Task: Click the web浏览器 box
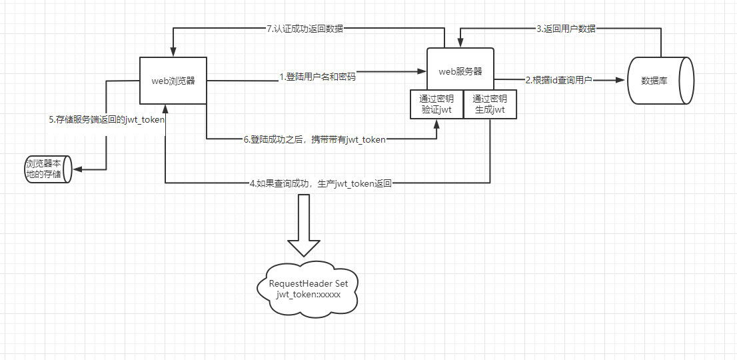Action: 173,80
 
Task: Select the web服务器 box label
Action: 460,71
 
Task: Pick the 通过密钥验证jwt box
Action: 436,103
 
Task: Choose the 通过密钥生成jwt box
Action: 490,103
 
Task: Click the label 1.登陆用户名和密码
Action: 317,77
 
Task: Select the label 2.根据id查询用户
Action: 558,80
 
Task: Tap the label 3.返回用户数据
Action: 566,29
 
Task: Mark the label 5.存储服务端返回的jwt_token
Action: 106,120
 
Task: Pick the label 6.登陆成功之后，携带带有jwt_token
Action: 315,139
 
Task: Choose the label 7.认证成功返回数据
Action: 305,29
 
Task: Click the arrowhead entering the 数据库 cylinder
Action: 621,80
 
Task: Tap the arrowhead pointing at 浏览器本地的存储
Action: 77,169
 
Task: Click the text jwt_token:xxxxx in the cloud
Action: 309,293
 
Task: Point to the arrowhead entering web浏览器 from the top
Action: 173,53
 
